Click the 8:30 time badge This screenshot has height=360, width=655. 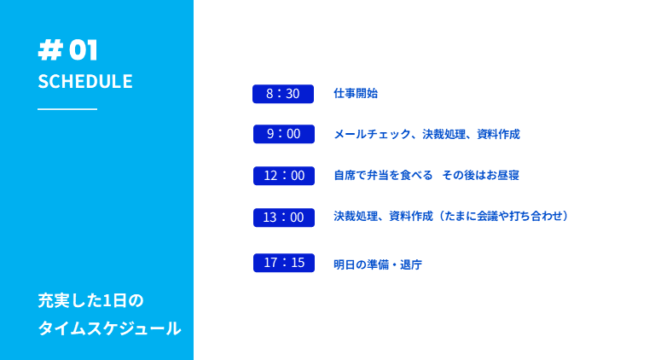click(x=283, y=94)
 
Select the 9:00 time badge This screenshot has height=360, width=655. click(x=284, y=134)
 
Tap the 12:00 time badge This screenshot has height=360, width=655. click(x=284, y=176)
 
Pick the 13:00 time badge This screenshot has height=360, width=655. click(x=284, y=218)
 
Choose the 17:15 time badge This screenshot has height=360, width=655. click(x=284, y=263)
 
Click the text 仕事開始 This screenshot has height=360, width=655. click(x=356, y=93)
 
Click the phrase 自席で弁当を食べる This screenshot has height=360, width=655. click(x=383, y=175)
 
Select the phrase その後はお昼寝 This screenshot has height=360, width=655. click(x=480, y=175)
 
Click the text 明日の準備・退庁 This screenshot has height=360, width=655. click(x=378, y=264)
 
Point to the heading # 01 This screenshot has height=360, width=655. click(x=67, y=50)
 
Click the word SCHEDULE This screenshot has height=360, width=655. click(x=85, y=81)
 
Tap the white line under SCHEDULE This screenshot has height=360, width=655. click(x=67, y=109)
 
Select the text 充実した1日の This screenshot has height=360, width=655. click(x=90, y=300)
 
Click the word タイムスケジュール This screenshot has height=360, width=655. click(x=109, y=328)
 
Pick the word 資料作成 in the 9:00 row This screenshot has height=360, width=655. click(x=498, y=134)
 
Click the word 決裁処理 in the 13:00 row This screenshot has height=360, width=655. click(x=356, y=216)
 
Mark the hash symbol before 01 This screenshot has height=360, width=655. click(x=50, y=50)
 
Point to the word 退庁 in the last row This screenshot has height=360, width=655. click(x=411, y=264)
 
